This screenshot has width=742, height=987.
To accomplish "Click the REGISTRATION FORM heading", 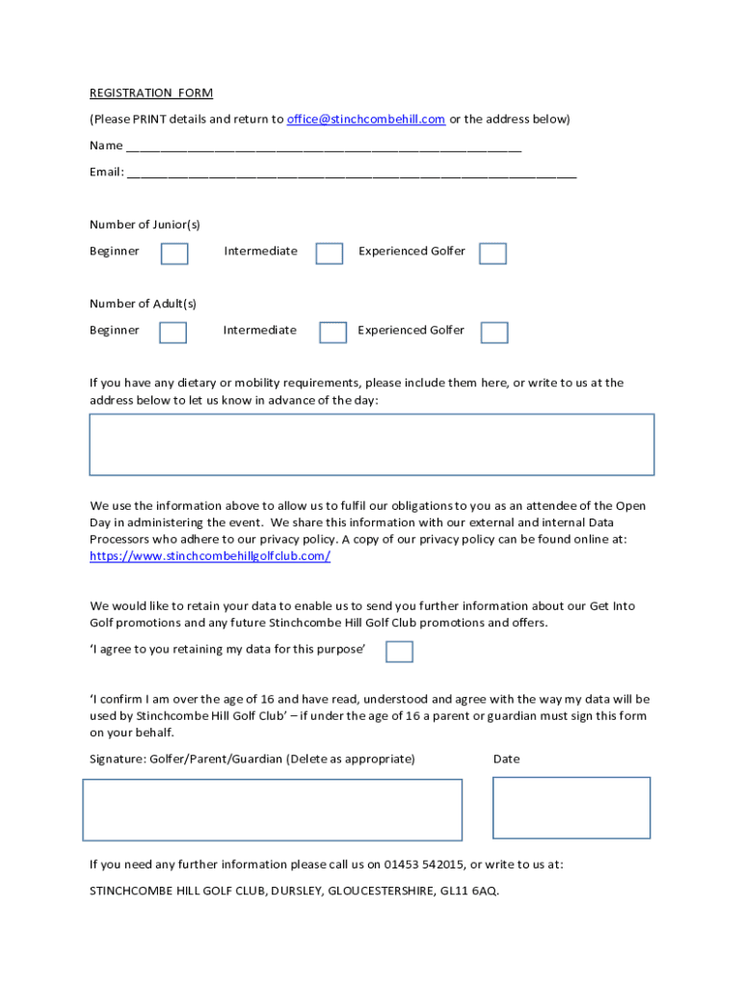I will (x=151, y=93).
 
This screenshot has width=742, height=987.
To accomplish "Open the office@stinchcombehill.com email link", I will (x=366, y=120).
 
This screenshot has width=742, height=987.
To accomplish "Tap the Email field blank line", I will (x=351, y=173).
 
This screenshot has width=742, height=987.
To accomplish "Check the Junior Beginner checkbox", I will (x=174, y=253).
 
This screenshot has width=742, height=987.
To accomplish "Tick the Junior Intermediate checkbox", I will (x=330, y=253).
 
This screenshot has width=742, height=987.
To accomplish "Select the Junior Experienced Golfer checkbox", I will (x=492, y=253).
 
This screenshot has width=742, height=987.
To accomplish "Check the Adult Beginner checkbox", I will (x=172, y=333).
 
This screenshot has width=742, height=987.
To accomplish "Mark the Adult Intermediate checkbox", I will (x=332, y=333).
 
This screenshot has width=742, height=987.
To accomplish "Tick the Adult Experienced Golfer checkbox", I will (x=494, y=333).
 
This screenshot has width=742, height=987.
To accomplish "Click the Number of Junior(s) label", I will (x=145, y=225).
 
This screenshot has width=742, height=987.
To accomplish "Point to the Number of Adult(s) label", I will (x=143, y=304).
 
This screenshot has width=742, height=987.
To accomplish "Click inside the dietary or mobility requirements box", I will (x=371, y=444).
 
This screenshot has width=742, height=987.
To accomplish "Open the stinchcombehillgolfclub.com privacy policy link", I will (x=210, y=557).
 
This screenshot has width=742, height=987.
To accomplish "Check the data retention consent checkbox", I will (x=399, y=652).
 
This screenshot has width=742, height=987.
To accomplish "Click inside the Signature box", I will (x=272, y=810).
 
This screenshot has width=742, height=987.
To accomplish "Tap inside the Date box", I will (x=571, y=808).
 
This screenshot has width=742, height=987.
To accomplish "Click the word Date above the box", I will (x=506, y=760).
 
